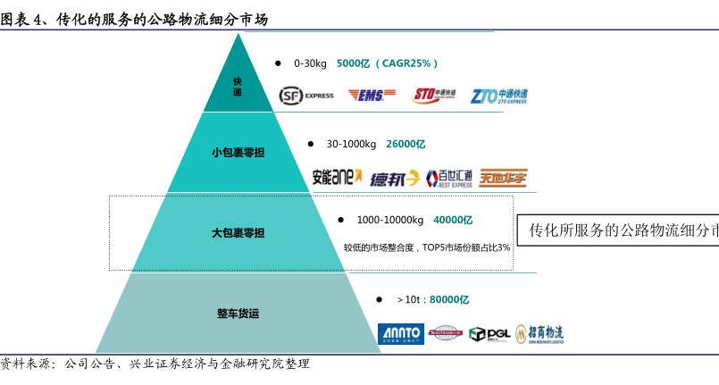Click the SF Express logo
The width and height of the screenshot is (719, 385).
click(x=306, y=95)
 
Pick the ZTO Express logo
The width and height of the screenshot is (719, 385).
click(x=499, y=95)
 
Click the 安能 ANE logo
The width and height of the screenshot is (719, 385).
click(x=337, y=177)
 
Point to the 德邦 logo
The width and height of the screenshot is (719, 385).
click(x=394, y=178)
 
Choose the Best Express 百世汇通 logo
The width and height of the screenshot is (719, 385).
click(x=449, y=178)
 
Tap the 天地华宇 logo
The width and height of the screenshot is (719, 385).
click(x=503, y=177)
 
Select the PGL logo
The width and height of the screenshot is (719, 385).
click(x=489, y=333)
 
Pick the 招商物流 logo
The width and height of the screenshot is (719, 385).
click(x=539, y=333)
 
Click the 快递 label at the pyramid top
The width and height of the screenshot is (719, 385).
click(x=238, y=87)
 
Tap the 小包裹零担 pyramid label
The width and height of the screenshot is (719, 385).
click(x=238, y=153)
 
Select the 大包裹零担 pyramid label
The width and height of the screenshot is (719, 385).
click(x=238, y=233)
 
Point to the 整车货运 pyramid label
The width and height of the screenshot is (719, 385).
click(x=238, y=314)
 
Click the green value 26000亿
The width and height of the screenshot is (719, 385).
click(x=405, y=144)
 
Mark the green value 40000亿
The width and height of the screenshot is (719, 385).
click(x=453, y=220)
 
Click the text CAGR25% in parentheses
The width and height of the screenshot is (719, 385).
click(x=406, y=63)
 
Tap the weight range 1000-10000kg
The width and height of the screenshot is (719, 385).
click(x=390, y=220)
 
